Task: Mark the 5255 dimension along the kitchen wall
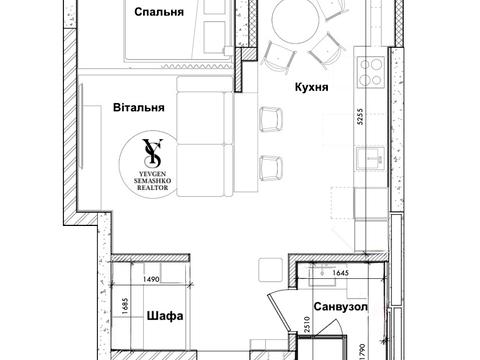pyautogui.click(x=372, y=129)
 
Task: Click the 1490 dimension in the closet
pyautogui.click(x=152, y=282)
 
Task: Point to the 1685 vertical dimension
pyautogui.click(x=114, y=306)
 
